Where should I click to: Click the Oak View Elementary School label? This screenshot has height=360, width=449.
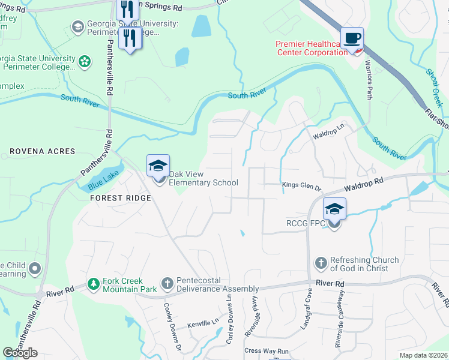point(203,179)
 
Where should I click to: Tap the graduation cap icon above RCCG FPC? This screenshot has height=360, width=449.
point(334,209)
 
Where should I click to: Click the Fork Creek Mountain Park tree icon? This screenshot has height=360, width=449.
point(93,283)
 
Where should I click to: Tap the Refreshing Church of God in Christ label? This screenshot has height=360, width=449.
point(364,264)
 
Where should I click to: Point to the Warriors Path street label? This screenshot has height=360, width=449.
point(369,78)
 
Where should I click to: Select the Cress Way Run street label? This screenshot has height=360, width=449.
point(267,351)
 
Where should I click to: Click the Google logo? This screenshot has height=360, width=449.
point(20,352)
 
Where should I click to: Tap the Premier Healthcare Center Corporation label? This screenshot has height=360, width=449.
point(312,48)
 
